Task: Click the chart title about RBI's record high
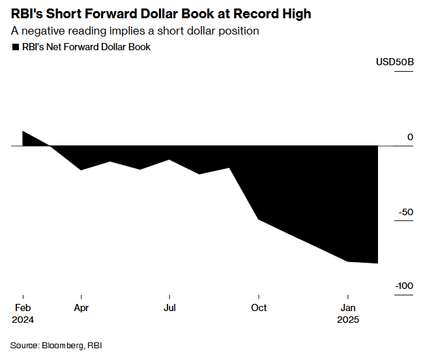[x=161, y=13]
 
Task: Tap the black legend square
[x=15, y=47]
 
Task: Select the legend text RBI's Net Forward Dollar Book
[x=86, y=47]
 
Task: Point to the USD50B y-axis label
[x=394, y=62]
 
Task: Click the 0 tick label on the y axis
[x=410, y=137]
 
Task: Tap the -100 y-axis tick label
[x=402, y=286]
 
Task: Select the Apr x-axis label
[x=81, y=308]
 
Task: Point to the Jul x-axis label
[x=169, y=308]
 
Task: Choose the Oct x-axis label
[x=259, y=308]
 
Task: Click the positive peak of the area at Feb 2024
[x=23, y=132]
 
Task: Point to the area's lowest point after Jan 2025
[x=377, y=263]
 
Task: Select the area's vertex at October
[x=259, y=219]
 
